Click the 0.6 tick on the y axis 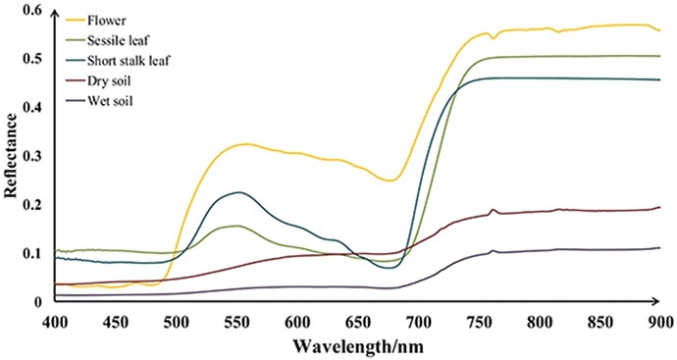coord(31,11)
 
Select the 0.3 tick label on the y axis coord(31,156)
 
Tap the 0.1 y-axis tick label coord(31,253)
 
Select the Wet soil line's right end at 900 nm coord(660,247)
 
